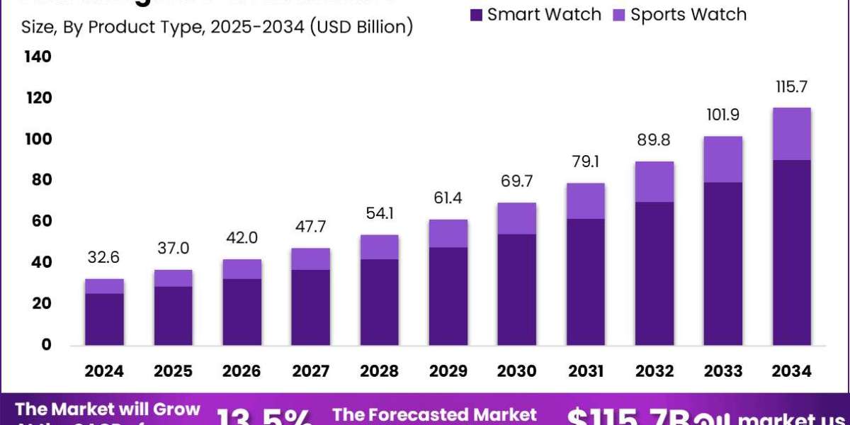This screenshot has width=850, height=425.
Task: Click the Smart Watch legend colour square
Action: click(x=476, y=14)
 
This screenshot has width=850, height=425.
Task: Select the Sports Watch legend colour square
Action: click(x=619, y=14)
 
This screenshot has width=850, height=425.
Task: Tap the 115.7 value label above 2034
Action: click(x=791, y=88)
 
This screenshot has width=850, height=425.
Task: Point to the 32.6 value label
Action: click(x=104, y=259)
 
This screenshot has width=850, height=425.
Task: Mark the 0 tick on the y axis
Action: click(x=45, y=344)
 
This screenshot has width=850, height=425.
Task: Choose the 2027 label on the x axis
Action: click(x=310, y=371)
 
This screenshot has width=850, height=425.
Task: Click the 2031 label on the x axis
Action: click(x=585, y=371)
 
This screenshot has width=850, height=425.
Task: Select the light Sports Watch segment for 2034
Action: click(x=791, y=134)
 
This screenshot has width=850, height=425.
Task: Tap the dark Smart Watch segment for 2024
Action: click(x=104, y=319)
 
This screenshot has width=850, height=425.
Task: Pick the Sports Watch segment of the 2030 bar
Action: click(x=516, y=218)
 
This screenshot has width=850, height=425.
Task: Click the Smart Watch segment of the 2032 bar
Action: click(x=654, y=273)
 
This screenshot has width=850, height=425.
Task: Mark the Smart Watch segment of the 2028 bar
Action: click(x=379, y=302)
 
